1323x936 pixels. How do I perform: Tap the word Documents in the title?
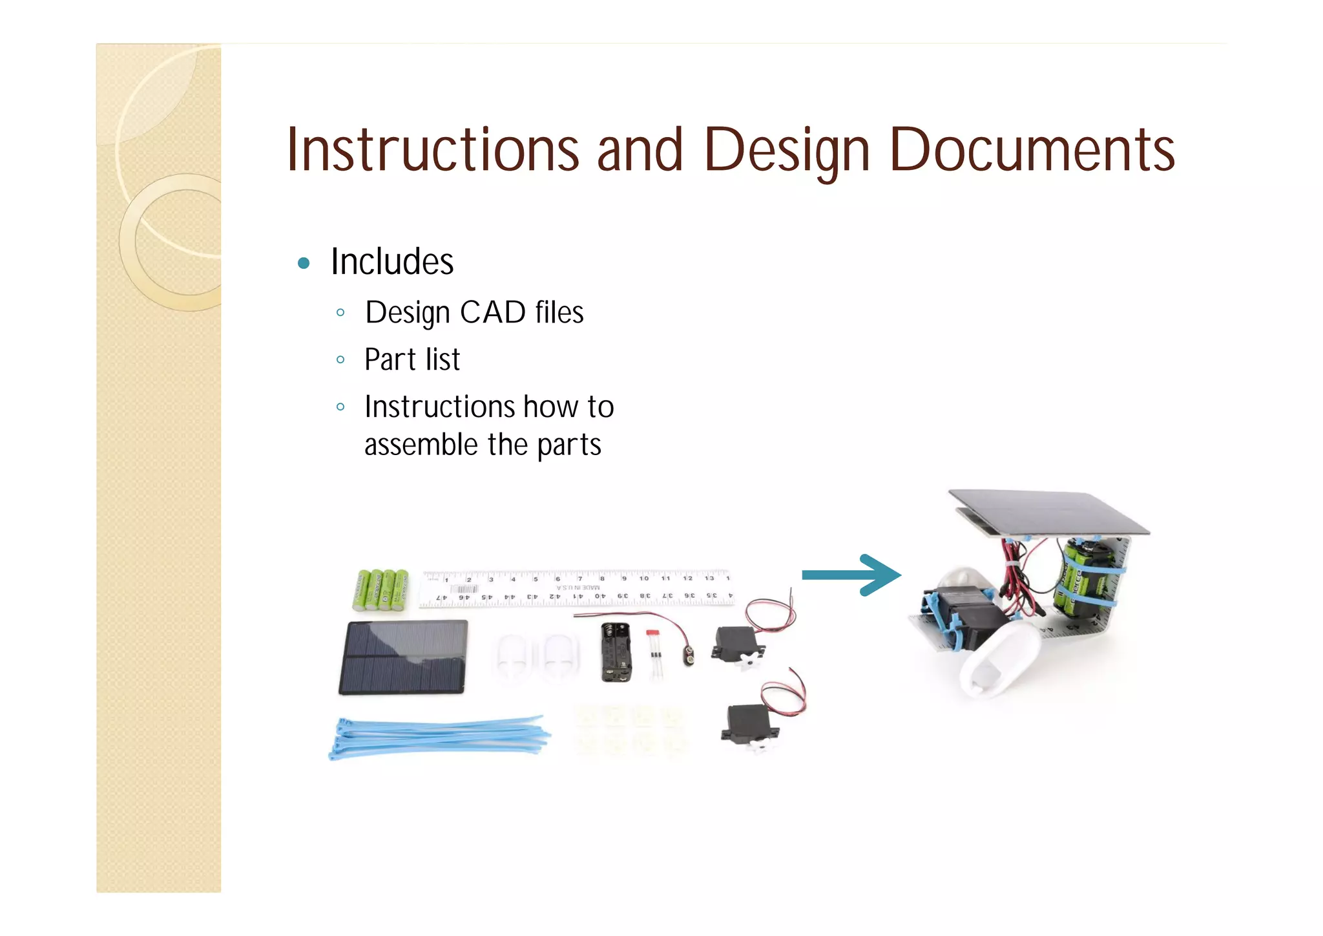(x=1032, y=150)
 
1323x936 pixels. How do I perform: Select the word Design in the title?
(x=787, y=150)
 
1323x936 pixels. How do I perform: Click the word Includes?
(x=392, y=262)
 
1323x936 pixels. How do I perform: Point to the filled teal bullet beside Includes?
(x=304, y=263)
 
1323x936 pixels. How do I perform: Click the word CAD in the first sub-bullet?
(x=492, y=313)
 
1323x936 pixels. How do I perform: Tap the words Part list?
(x=412, y=360)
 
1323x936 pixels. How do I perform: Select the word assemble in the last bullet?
(x=421, y=445)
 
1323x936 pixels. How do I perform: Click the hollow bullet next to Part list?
(x=340, y=360)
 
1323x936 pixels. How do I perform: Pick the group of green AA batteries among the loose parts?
(x=380, y=590)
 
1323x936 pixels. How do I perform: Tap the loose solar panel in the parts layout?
(x=403, y=657)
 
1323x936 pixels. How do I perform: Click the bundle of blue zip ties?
(x=439, y=736)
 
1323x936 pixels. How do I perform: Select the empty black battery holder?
(x=616, y=652)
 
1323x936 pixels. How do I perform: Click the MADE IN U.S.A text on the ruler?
(x=578, y=588)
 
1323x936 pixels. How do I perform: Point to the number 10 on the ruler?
(x=643, y=578)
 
